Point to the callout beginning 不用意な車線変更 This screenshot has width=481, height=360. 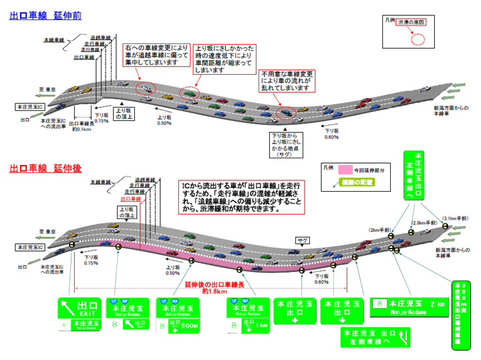click(286, 79)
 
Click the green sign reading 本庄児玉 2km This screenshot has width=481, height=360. click(407, 307)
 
